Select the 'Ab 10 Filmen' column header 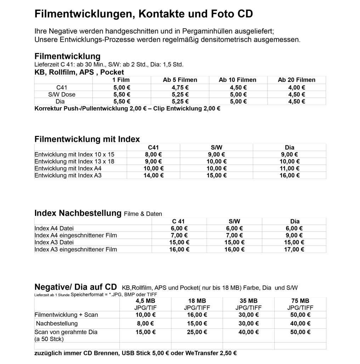pos(238,80)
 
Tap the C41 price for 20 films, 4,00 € pos(296,87)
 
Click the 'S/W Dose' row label pos(62,94)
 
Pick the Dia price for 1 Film pos(122,102)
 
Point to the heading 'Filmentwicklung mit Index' pos(87,139)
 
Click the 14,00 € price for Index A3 pos(153,175)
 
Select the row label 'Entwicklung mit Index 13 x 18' pos(74,161)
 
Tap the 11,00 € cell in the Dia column pos(290,168)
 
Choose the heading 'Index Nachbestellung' pos(78,213)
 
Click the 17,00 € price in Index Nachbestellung pos(295,249)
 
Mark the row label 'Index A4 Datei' pos(54,229)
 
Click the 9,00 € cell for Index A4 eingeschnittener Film pos(295,236)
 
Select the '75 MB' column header pos(300,301)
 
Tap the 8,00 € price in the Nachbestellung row pos(145,323)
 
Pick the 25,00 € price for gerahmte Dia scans pos(197,332)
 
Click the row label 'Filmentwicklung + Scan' pos(66,315)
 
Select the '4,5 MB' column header pos(145,301)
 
